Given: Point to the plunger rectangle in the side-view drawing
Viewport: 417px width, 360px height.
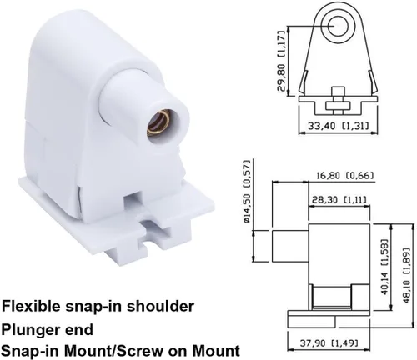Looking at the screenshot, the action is tap(290, 246).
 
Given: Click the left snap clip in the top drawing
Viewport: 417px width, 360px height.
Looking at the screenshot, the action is tap(304, 82).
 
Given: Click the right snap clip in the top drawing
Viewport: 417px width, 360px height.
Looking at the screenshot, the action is tap(373, 82).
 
